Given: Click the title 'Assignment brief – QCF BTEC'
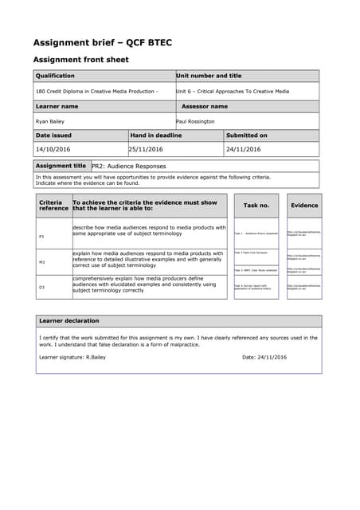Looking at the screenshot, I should [x=102, y=42].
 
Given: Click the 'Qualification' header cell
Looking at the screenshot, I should [x=55, y=76].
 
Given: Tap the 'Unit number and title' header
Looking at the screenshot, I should [x=208, y=76].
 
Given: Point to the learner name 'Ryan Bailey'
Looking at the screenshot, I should [x=51, y=121].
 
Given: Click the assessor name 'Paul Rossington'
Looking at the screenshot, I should [x=195, y=121].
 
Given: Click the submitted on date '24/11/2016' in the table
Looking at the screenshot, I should [x=245, y=149].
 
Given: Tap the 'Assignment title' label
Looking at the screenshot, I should [x=61, y=166].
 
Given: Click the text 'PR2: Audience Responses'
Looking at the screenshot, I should [x=129, y=167].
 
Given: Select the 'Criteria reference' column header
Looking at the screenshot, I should [x=53, y=206].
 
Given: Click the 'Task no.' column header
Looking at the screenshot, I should [x=256, y=206].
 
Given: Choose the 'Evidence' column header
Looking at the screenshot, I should [x=303, y=206].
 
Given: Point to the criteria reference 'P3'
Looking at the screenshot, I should [x=42, y=237].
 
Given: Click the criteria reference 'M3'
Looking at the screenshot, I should [x=42, y=261].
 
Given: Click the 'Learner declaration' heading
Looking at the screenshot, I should [x=69, y=321].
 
